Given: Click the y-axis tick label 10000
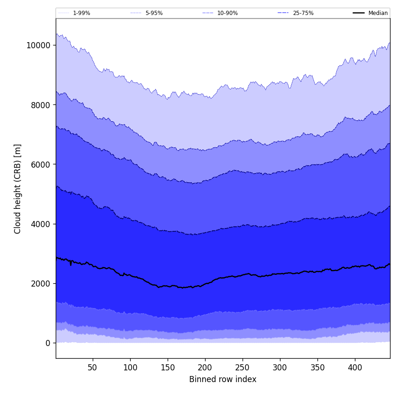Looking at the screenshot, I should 38,45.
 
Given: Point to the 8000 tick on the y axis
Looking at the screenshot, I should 41,105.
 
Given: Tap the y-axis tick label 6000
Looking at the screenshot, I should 41,164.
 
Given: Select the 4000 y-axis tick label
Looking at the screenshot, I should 41,224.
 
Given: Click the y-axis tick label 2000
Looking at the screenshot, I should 41,283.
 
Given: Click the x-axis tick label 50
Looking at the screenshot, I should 93,368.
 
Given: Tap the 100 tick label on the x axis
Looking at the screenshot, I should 130,368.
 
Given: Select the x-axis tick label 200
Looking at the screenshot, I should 205,368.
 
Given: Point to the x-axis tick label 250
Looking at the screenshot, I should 243,368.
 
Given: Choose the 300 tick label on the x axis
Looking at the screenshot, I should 280,368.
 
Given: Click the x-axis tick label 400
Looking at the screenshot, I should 355,368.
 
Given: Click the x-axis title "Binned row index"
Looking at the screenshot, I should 223,380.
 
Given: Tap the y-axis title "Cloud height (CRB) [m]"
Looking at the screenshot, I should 18,189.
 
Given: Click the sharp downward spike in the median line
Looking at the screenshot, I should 71,265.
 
